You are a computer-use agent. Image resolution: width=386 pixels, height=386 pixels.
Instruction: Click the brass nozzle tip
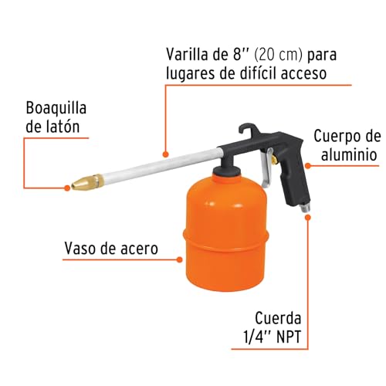pos(80,185)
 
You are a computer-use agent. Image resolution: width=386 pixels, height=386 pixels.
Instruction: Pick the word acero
pos(140,249)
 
